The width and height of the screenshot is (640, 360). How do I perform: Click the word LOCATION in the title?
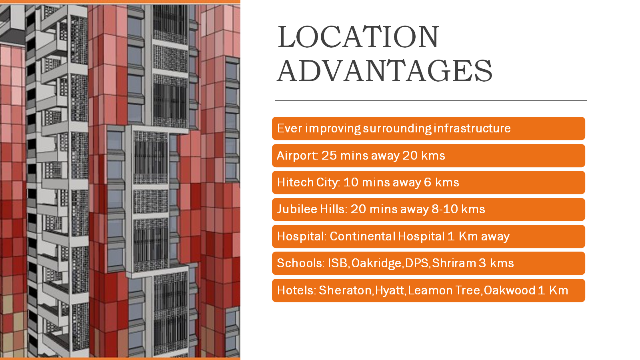tap(358, 37)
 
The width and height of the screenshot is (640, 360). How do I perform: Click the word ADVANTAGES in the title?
tap(384, 70)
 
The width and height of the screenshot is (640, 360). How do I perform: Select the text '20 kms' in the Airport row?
tap(424, 156)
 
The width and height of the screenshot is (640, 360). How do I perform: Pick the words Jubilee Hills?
tap(312, 209)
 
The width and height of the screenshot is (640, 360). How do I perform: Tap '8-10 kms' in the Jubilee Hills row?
tap(458, 209)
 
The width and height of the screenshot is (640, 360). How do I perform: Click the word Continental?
tap(362, 236)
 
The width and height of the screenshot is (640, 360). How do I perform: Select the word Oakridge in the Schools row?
tap(376, 263)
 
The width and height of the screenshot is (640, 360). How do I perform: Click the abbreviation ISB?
tap(338, 263)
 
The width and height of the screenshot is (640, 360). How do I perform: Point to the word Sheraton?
tap(345, 290)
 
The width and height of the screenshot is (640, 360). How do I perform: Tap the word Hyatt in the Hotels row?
tap(390, 290)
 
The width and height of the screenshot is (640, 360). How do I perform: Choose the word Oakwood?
tap(510, 290)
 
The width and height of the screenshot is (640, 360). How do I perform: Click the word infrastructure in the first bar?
tap(472, 128)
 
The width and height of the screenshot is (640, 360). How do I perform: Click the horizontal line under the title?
tap(431, 100)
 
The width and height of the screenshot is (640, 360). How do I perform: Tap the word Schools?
tap(300, 263)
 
